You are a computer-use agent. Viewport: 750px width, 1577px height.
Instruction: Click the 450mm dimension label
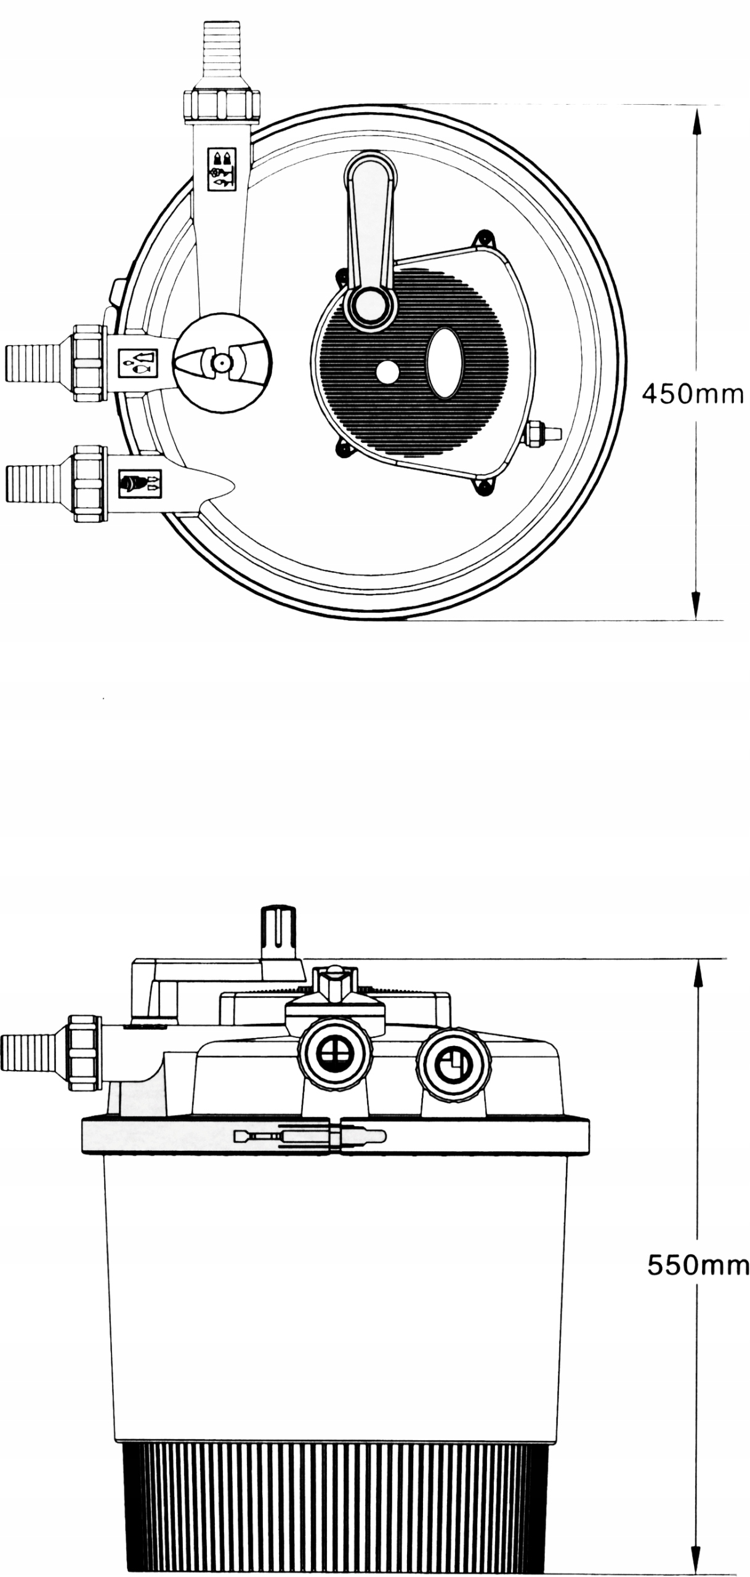pyautogui.click(x=693, y=394)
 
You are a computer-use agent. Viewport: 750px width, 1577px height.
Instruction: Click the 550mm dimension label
pyautogui.click(x=698, y=1248)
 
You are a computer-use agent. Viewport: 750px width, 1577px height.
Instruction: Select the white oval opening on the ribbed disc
pyautogui.click(x=445, y=363)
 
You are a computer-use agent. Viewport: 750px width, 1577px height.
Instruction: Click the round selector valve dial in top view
pyautogui.click(x=221, y=362)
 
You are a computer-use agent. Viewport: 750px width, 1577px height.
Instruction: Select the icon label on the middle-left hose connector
pyautogui.click(x=137, y=363)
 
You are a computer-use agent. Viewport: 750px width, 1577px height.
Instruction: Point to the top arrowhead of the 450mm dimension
pyautogui.click(x=696, y=121)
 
